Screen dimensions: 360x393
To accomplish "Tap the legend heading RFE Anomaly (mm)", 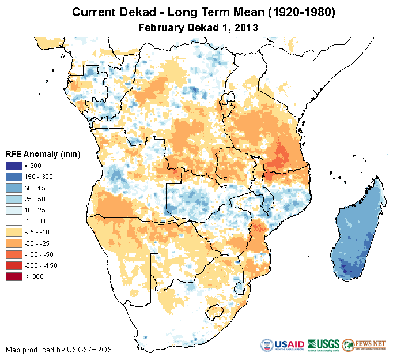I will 43,154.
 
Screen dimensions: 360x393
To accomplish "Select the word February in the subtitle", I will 162,27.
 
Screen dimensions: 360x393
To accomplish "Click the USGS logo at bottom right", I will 323,346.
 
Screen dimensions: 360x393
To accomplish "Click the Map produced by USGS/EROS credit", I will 59,350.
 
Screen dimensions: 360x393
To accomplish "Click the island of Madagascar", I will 357,231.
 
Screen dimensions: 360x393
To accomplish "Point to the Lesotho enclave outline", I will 217,312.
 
